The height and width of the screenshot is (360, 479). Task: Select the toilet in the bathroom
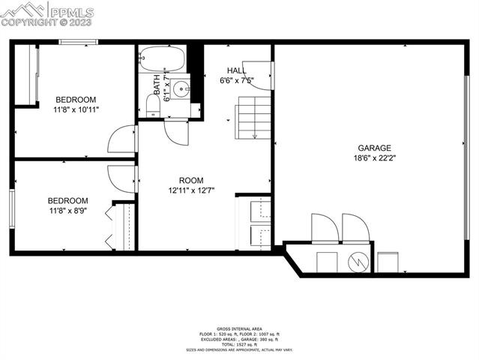pos(153,104)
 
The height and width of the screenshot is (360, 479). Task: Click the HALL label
pos(236,70)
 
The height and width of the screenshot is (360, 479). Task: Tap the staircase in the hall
pos(253,116)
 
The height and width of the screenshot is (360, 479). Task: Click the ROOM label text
pos(191,180)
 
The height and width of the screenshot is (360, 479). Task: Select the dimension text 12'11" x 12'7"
pos(191,190)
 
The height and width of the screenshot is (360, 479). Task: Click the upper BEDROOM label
pos(76,100)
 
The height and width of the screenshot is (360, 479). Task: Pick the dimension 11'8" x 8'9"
pos(68,211)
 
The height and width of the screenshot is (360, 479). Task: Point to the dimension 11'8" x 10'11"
pos(76,110)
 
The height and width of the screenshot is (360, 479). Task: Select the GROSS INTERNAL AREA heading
pos(239,329)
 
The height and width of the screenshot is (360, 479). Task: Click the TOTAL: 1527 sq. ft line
pos(239,344)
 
